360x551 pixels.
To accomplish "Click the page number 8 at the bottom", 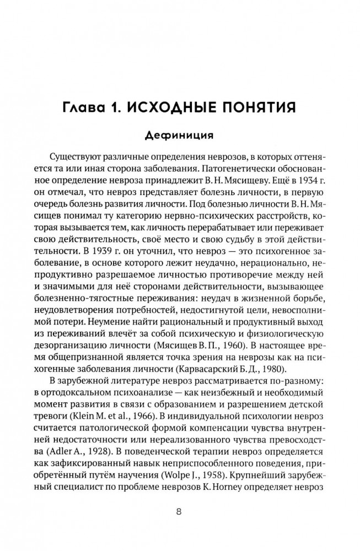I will [179, 511].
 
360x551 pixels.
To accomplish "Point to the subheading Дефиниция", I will [179, 136].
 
